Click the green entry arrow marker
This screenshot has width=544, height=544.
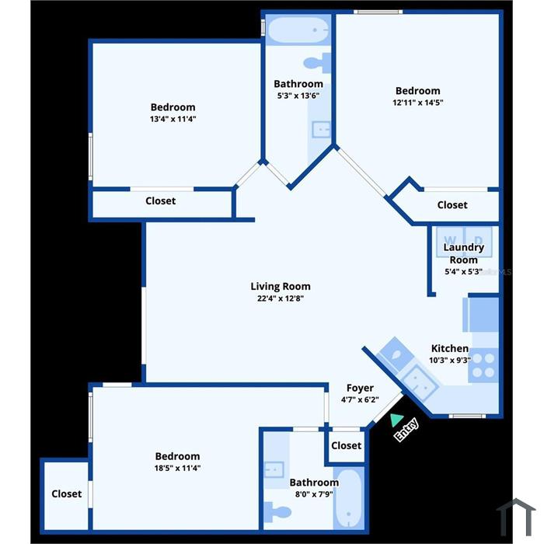pos(396,420)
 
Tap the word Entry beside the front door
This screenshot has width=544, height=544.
pos(406,431)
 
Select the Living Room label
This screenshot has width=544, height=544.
pos(281,287)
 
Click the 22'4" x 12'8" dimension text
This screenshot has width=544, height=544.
pos(281,298)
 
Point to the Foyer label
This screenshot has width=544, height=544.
pos(360,388)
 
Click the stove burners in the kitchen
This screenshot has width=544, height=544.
pos(483,365)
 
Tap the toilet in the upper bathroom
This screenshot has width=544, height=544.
pos(317,63)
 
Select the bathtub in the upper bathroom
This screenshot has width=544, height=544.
pos(298,30)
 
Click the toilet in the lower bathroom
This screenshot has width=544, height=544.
pos(277,512)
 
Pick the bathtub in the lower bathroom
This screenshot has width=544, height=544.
pos(349,498)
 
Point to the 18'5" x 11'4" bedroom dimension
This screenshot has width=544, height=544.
pos(177,468)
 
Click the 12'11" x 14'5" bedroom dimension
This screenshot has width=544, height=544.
pos(418,103)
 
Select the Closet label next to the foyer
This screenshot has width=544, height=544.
pos(347,445)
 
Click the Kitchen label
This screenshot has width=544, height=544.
pos(450,348)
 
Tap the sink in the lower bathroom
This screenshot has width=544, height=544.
pos(274,469)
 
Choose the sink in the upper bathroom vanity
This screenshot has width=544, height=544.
pos(321,130)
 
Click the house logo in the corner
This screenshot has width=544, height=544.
pos(516,517)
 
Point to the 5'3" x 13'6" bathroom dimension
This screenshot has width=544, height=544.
pos(298,96)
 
